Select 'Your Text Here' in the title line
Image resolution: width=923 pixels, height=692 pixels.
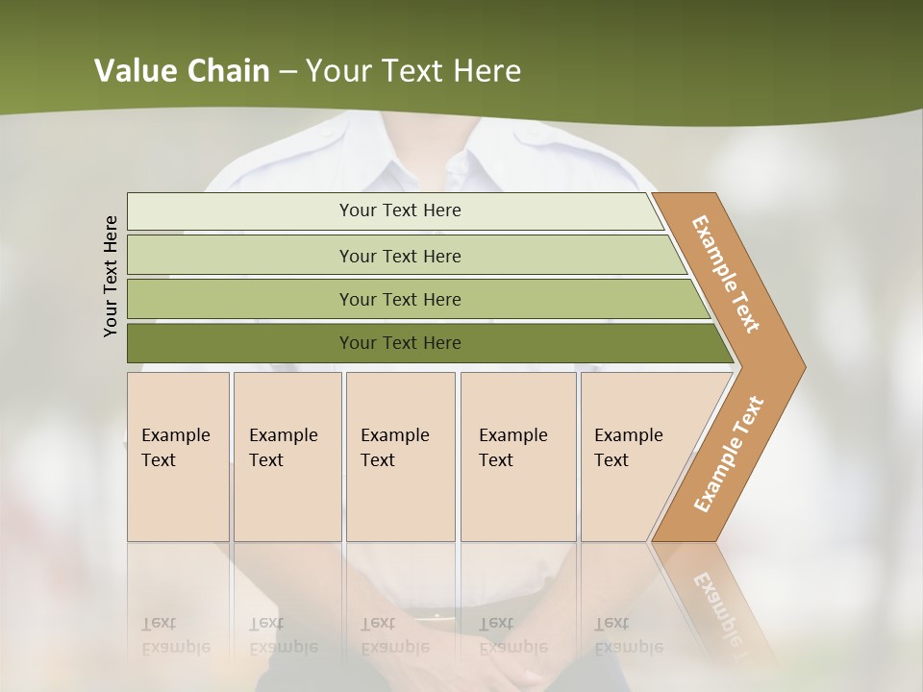[x=413, y=71]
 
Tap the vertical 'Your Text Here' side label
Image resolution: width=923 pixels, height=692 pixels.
[x=111, y=276]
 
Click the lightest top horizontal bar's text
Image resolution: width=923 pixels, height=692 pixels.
[x=400, y=210]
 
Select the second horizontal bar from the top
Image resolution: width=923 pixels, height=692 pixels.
[x=400, y=256]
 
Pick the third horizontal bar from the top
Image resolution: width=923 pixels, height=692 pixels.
[x=400, y=299]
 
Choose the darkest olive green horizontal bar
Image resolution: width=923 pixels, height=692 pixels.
[x=400, y=343]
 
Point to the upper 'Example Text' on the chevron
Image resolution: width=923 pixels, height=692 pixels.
[x=726, y=274]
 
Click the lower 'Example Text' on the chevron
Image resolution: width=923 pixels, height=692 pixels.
[x=729, y=455]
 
